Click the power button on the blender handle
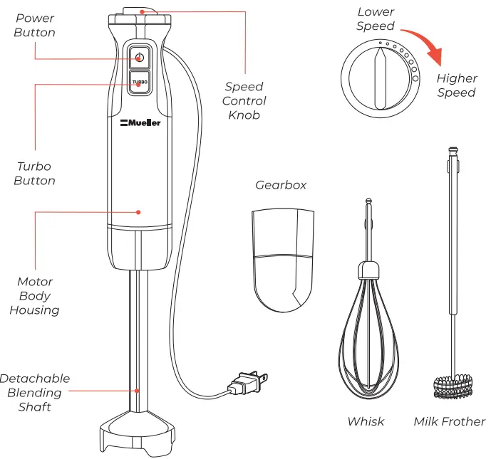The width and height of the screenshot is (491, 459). point(139,57)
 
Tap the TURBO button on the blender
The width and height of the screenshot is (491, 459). point(139,82)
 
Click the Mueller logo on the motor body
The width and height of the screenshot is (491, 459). point(140,122)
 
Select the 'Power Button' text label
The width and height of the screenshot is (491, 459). point(34,25)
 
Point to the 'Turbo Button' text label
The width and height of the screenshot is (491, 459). point(34,173)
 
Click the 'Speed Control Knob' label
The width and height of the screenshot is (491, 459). point(244,100)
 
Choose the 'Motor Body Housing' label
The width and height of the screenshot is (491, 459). point(34,295)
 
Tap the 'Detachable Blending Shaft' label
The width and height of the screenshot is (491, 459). point(34,392)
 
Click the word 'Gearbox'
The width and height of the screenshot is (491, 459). point(281,185)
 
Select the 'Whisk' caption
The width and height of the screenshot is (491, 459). point(366,421)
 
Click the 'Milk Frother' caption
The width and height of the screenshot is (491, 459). point(449,421)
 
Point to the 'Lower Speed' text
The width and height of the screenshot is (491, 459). point(376,19)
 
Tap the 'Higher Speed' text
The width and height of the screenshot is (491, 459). point(456,85)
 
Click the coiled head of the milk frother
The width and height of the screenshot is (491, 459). point(453,384)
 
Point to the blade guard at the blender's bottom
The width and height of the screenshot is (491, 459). point(139,432)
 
